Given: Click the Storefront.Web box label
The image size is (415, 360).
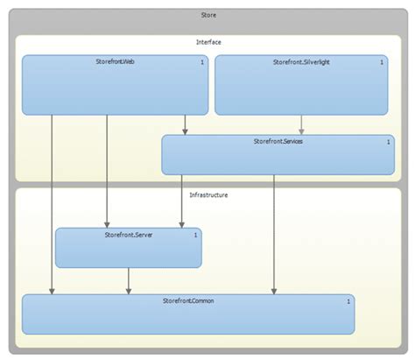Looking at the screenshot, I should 115,63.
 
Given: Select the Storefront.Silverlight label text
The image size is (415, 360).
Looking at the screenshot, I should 299,63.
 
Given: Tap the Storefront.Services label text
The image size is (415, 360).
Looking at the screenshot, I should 278,141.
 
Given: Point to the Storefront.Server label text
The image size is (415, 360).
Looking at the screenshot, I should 129,235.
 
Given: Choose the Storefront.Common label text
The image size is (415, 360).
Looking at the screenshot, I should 188,301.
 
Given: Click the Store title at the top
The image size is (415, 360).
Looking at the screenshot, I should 208,15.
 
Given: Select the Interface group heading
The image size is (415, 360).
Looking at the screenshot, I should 208,42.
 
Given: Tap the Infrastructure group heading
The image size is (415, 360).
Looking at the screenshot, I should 208,194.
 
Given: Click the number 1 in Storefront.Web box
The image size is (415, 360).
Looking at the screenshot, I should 202,63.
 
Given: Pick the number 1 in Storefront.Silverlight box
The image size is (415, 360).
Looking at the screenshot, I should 382,63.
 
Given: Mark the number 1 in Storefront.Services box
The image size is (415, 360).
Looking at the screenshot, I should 389,141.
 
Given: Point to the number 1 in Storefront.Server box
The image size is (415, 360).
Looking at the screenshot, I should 195,235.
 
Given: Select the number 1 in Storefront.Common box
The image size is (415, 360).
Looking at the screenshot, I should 348,301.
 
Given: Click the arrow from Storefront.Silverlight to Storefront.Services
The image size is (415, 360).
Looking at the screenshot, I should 302,124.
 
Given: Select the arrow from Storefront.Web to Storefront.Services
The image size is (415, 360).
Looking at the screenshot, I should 185,124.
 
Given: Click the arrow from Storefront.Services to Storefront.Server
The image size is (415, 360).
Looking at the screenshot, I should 181,201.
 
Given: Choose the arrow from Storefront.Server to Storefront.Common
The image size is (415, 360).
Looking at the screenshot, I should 130,280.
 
